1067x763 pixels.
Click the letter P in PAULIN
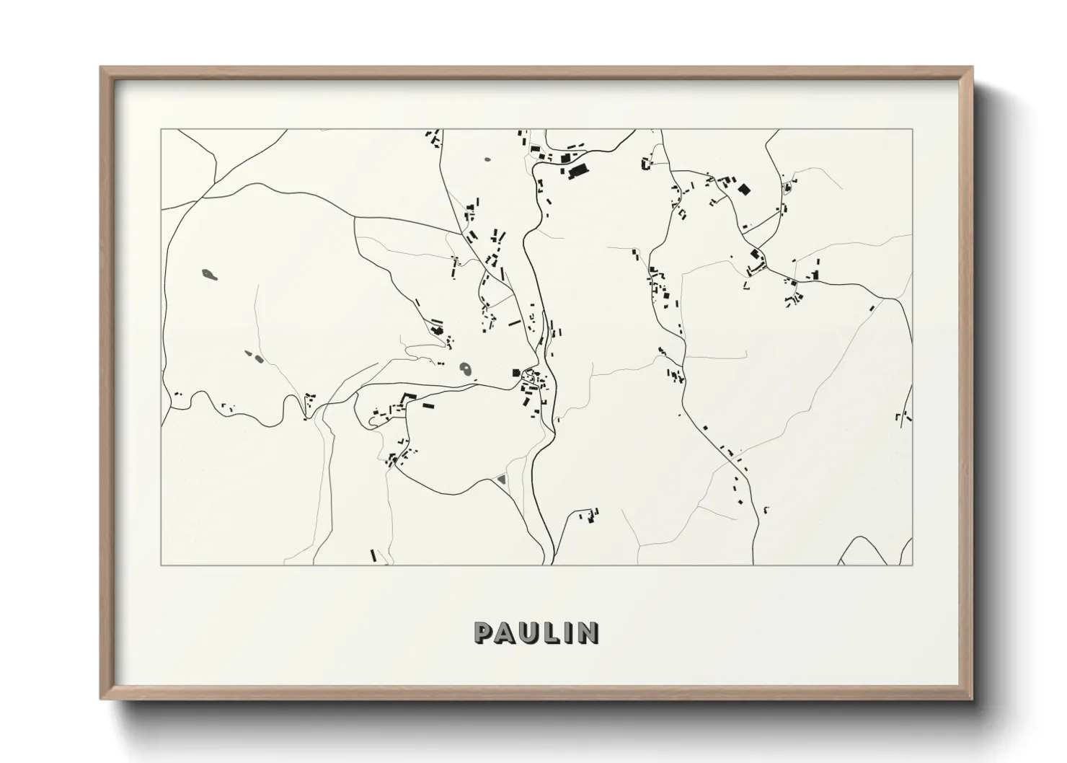click(484, 632)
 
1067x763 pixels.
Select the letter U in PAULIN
click(529, 632)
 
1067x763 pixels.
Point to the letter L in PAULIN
click(552, 632)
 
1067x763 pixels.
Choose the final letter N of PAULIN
click(587, 632)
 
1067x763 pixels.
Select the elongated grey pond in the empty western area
click(209, 274)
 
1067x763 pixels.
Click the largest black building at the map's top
click(577, 172)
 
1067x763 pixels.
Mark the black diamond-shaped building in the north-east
click(744, 190)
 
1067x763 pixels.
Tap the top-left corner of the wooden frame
click(102, 68)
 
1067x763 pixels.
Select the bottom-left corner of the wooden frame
click(102, 699)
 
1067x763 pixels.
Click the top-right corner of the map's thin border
click(912, 130)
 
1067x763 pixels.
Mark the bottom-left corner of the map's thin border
click(161, 565)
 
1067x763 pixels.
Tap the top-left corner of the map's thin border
click(161, 130)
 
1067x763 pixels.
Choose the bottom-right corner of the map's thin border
click(912, 565)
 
